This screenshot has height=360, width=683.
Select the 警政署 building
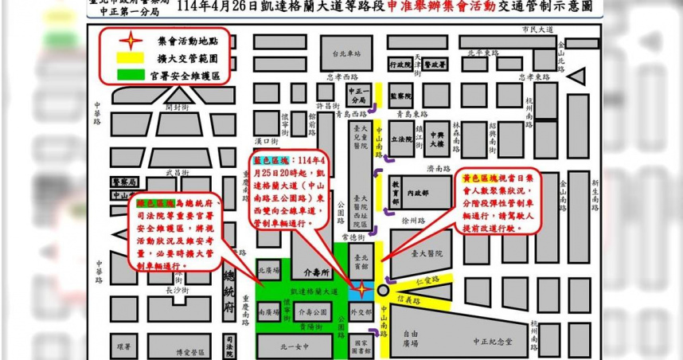435,64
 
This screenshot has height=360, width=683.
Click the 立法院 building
403,139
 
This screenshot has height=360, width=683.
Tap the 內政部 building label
416,193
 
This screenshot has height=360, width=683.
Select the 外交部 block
361,311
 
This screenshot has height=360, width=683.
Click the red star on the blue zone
362,288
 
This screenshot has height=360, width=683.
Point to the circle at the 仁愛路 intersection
384,291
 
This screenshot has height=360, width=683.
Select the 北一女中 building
283,346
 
